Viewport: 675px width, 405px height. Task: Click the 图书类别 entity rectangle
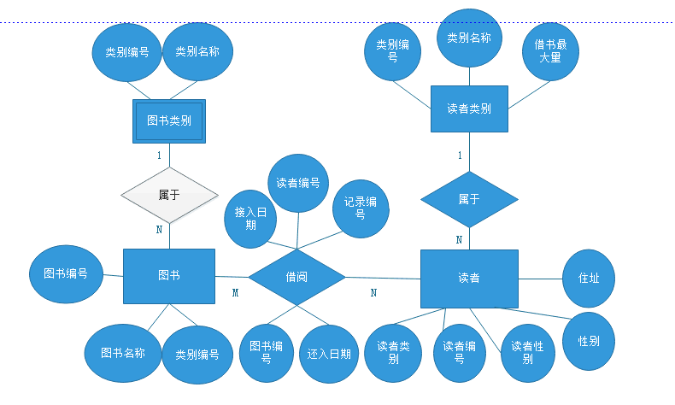click(169, 120)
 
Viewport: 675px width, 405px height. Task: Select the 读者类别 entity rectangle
click(469, 109)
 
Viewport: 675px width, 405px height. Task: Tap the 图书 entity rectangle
click(169, 275)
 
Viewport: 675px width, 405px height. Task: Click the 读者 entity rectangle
click(469, 279)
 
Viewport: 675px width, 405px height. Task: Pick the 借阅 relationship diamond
click(296, 276)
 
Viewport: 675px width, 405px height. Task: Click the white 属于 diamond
click(169, 195)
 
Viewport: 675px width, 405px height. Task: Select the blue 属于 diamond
click(469, 199)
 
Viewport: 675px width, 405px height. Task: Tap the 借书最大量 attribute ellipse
click(550, 50)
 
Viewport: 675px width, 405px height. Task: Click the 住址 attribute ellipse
click(589, 279)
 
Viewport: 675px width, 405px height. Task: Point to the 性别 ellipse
click(589, 341)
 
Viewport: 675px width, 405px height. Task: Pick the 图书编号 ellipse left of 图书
click(65, 275)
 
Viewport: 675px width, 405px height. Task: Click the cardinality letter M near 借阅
click(235, 293)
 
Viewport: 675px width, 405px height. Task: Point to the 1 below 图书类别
click(159, 156)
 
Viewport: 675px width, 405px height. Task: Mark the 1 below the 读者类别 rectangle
click(460, 156)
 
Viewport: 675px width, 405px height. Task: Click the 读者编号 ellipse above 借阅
click(298, 183)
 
